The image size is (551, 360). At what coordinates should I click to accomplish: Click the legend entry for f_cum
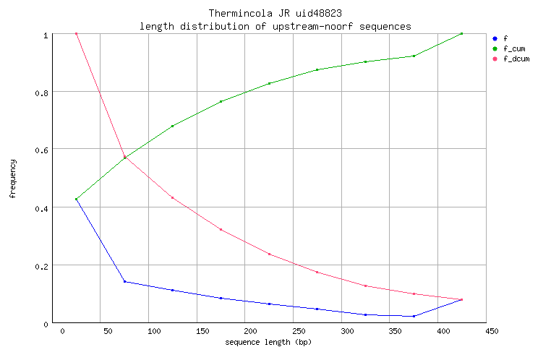[513, 48]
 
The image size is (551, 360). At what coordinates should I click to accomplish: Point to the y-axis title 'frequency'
[13, 179]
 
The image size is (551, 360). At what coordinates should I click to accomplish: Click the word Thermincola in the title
[232, 14]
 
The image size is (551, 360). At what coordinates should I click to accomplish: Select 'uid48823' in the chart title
[319, 14]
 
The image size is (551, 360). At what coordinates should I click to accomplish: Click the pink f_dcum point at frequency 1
[76, 33]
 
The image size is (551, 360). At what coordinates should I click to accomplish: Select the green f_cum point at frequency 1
[461, 33]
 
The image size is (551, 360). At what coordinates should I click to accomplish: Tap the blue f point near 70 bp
[124, 281]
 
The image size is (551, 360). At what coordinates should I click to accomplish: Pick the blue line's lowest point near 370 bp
[414, 316]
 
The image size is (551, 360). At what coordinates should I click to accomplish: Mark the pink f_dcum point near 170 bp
[221, 229]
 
